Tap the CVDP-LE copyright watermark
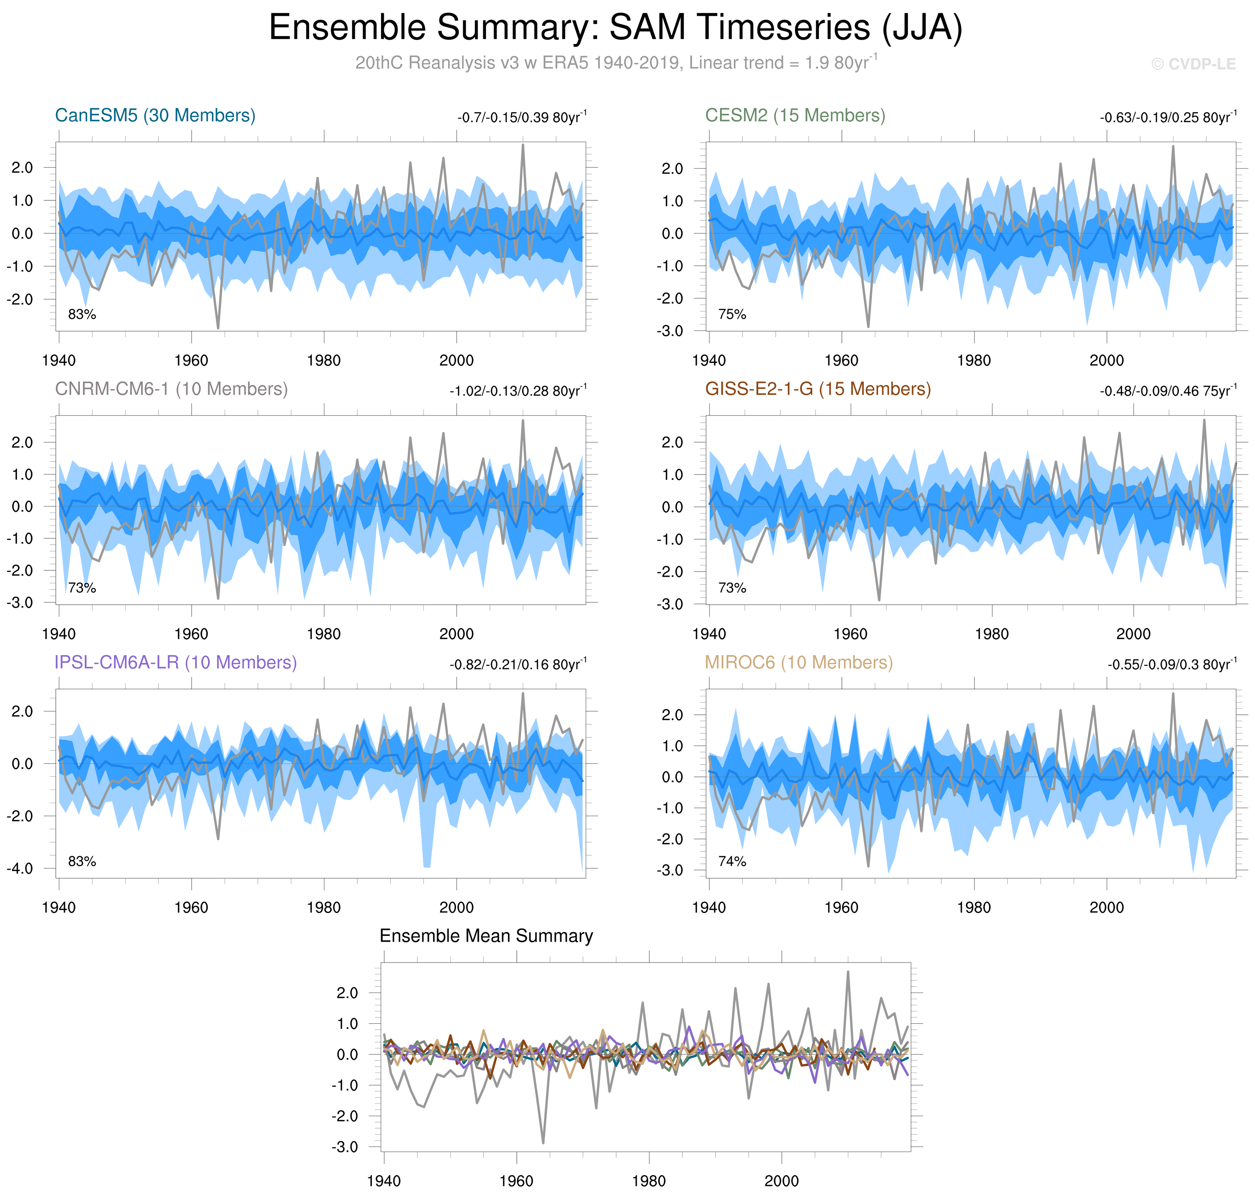(1193, 64)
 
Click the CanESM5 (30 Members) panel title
(155, 115)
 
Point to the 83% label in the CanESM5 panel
(82, 314)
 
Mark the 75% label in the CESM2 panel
(732, 314)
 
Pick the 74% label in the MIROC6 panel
(732, 862)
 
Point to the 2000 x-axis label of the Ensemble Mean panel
(781, 1181)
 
